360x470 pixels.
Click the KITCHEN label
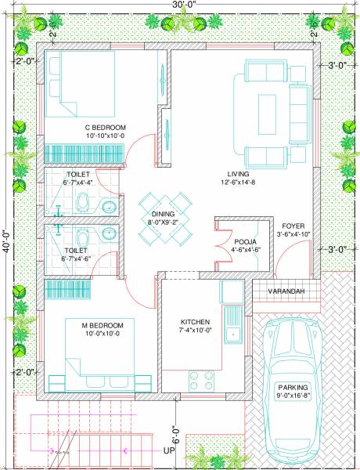pos(196,322)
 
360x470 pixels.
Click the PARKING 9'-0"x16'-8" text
pos(293,392)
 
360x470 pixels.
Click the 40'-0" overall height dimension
pos(6,236)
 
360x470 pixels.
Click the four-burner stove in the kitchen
pos(199,380)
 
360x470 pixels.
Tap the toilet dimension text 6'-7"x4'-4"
pos(79,182)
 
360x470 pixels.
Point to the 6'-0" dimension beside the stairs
pos(175,433)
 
